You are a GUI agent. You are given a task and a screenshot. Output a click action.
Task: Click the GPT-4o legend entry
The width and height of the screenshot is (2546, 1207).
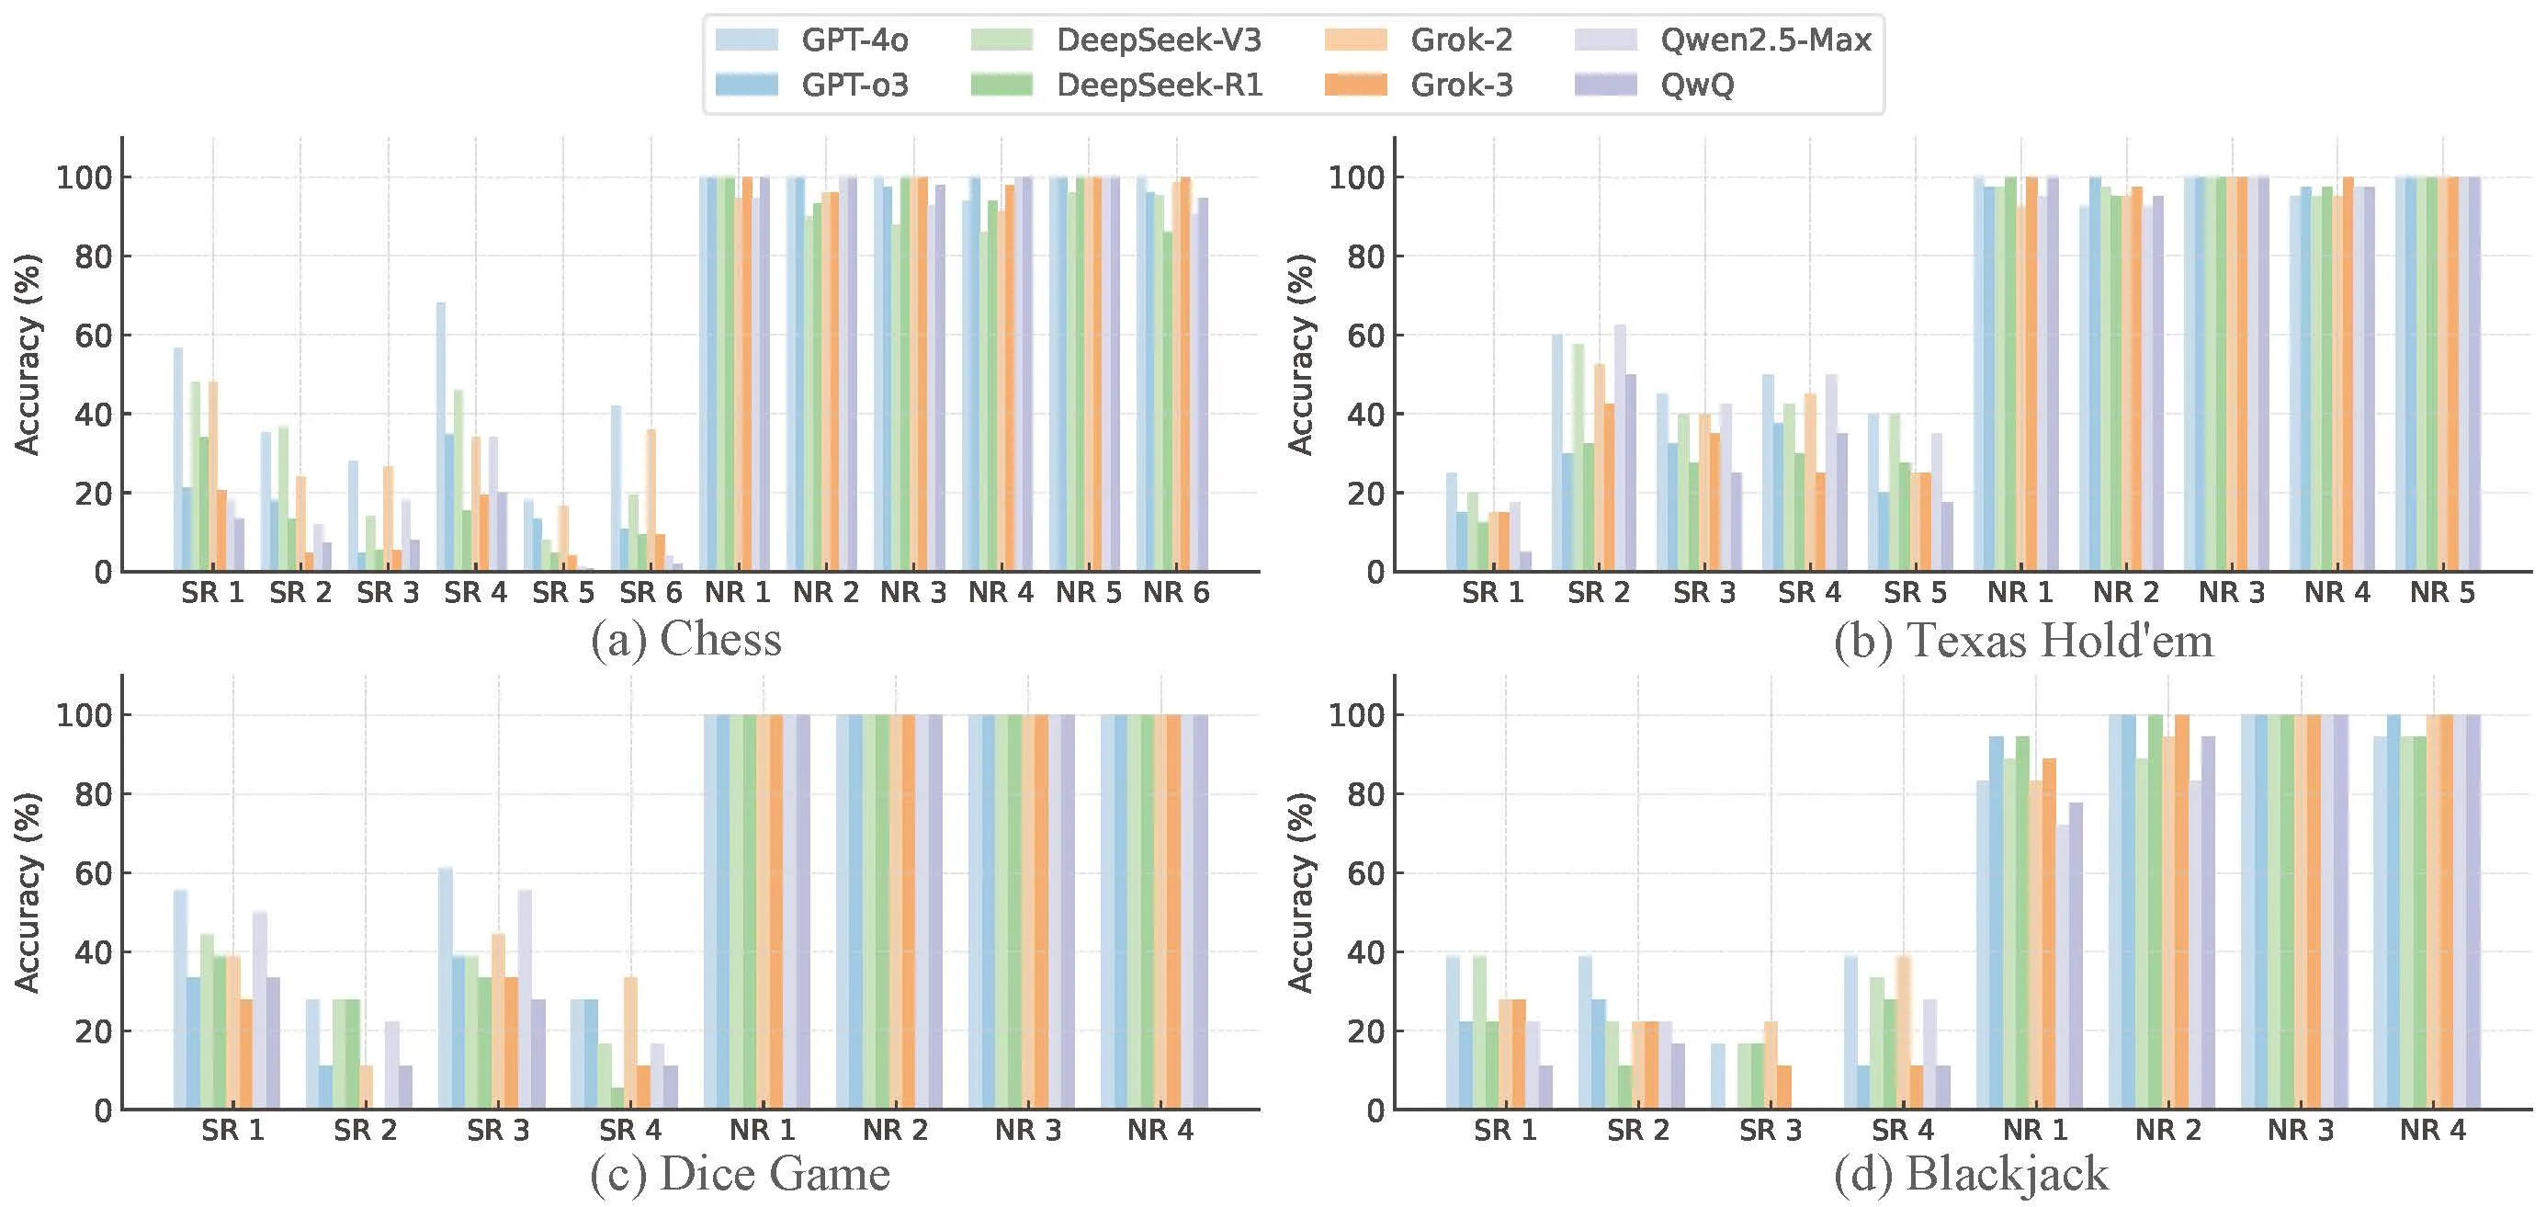tap(854, 40)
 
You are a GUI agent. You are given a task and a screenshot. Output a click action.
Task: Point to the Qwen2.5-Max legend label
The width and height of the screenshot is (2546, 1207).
tap(1765, 40)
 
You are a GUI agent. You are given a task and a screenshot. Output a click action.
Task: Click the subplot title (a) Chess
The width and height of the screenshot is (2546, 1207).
tap(686, 640)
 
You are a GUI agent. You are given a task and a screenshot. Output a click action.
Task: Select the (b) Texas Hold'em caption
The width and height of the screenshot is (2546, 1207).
tap(2022, 640)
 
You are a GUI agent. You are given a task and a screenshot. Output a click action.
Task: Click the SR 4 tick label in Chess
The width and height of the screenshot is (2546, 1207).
tap(475, 593)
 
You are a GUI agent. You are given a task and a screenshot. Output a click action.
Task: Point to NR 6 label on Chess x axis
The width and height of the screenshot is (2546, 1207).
tap(1176, 593)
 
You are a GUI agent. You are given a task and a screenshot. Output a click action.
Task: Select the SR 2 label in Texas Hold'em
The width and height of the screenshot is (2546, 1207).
tap(1598, 593)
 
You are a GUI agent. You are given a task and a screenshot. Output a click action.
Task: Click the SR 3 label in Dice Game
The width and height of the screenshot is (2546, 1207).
tap(498, 1130)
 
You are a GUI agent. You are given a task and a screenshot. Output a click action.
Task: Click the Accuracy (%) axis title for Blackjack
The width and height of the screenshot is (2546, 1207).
tap(1301, 892)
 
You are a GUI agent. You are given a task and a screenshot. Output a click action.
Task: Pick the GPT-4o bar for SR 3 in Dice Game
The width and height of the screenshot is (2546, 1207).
tap(446, 988)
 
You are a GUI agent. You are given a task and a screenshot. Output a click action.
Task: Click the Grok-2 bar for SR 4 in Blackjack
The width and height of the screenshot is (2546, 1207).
tap(1904, 1033)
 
